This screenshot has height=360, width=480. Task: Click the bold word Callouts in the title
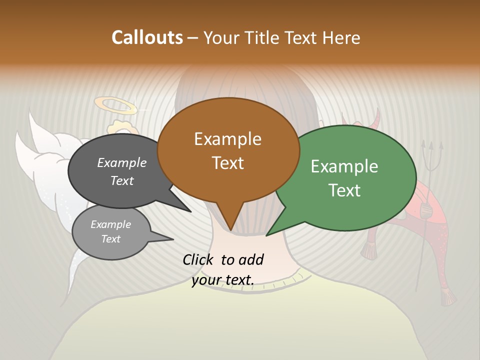(147, 37)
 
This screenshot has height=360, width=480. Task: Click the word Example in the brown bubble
(227, 139)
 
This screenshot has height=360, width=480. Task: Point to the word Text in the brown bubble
(227, 163)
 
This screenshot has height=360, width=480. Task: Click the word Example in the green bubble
(344, 166)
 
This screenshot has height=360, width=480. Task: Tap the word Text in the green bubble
(344, 190)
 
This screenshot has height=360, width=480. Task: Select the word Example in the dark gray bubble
(122, 162)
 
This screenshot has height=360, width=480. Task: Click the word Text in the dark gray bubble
(122, 180)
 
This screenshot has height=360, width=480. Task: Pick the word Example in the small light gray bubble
(110, 224)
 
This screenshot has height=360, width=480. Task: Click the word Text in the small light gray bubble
(110, 239)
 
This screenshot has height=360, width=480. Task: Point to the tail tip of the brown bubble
(230, 230)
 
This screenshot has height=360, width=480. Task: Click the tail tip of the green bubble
(266, 235)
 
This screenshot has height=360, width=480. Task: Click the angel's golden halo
(115, 105)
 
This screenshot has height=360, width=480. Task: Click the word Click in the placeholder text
(199, 259)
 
